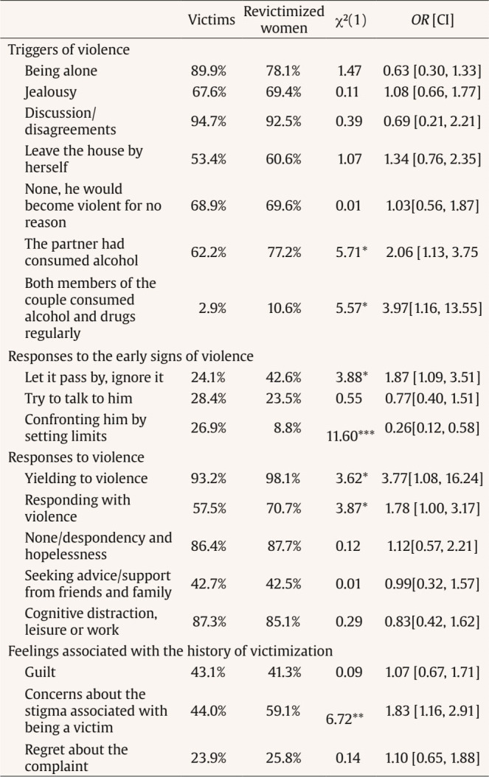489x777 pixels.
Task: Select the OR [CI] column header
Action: [436, 21]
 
